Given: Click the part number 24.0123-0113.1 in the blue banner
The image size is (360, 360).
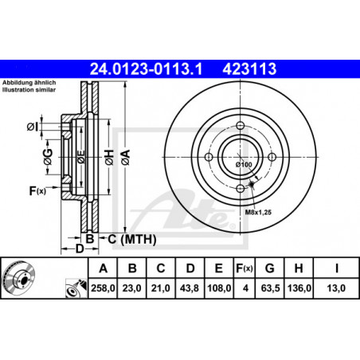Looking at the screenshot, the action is click(146, 68).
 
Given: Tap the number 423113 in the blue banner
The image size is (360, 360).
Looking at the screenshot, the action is click(249, 68).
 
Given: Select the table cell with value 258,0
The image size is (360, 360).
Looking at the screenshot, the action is click(103, 288).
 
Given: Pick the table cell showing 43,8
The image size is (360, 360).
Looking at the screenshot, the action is click(190, 288).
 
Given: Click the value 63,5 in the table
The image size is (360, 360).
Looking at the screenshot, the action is click(270, 288).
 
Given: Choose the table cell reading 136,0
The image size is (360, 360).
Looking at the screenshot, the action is click(299, 288).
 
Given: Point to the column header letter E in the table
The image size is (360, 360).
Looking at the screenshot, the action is click(218, 268).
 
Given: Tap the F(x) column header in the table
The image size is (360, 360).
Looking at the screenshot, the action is click(245, 268).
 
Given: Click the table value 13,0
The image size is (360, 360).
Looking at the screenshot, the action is click(336, 288).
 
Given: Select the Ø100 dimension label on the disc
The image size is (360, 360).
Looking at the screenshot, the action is click(244, 165).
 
